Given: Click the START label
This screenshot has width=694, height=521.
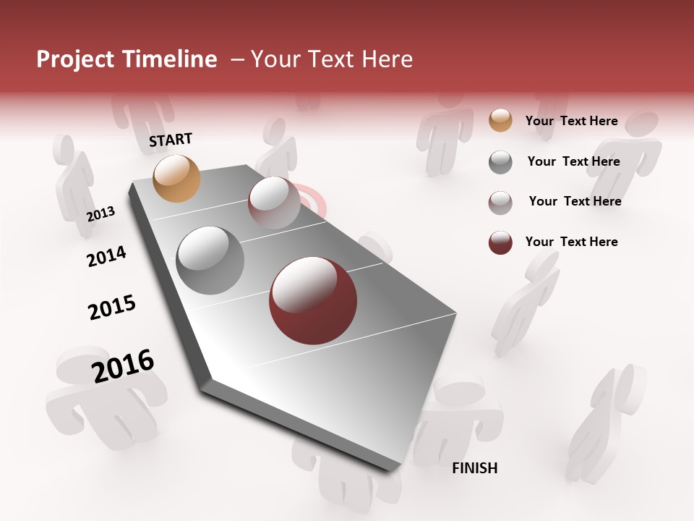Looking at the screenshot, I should pos(171,140).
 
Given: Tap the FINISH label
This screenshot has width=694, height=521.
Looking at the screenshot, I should pos(475,468).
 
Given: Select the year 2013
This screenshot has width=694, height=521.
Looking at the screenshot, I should pos(101,213).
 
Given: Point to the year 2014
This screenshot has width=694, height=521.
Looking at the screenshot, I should pos(106,256).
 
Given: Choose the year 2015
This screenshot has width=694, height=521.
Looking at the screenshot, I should pos(112,308).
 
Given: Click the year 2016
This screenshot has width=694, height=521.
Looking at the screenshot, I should pos(123,365).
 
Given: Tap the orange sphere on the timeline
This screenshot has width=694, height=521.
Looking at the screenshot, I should pos(176,178).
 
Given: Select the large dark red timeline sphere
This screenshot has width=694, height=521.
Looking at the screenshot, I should pos(312,300).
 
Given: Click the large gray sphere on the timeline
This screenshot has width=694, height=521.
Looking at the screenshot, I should pos(210,260).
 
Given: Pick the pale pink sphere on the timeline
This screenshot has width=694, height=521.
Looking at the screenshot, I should pos(274,203).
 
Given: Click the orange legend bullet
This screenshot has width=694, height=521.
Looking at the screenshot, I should pos(500,120).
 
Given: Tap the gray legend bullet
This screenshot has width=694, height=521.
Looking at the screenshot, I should pos(500,162).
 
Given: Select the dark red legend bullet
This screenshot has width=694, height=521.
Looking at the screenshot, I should pos(500,242).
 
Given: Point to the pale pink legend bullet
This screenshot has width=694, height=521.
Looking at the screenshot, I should pos(500,203).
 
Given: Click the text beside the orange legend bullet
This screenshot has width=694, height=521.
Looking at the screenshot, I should pos(571,121).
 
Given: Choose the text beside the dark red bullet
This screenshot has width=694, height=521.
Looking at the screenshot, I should pos(571,242).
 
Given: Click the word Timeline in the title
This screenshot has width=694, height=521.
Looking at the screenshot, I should pos(172,59).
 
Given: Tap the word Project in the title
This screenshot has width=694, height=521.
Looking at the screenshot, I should pos(74,59).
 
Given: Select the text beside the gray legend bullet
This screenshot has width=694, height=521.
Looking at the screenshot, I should pos(573,161).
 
